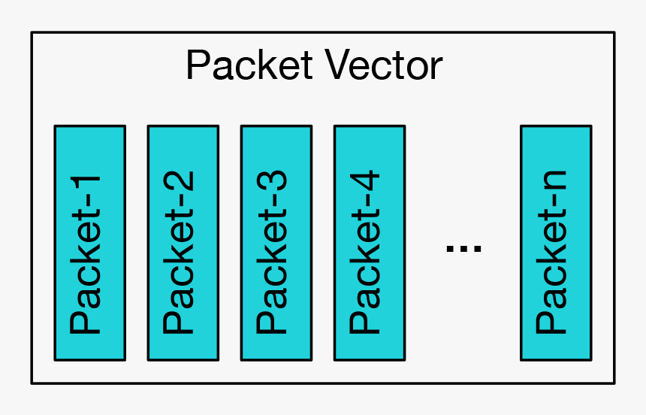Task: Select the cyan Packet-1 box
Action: [x=89, y=242]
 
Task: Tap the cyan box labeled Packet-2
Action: [x=183, y=242]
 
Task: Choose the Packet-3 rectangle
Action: [x=276, y=242]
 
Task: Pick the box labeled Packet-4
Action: [x=369, y=242]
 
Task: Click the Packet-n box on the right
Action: [x=555, y=242]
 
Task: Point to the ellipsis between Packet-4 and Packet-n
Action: [x=463, y=247]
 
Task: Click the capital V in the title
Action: [x=336, y=66]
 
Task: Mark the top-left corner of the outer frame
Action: [x=32, y=32]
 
